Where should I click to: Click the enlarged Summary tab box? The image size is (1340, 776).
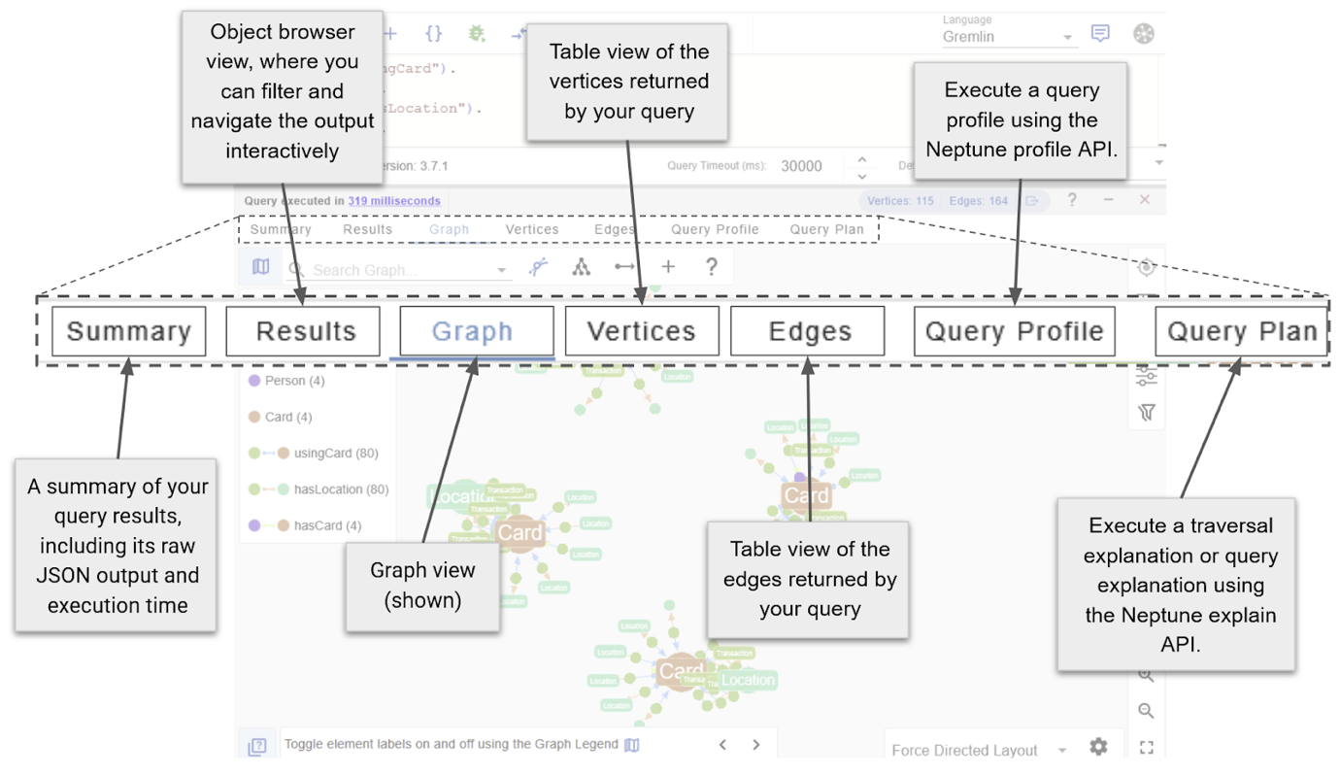tap(128, 331)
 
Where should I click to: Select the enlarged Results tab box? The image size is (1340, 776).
tap(303, 331)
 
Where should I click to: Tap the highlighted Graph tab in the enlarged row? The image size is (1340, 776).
tap(473, 331)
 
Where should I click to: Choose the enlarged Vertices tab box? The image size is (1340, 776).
tap(642, 331)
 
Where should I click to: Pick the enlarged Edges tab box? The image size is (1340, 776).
tap(808, 331)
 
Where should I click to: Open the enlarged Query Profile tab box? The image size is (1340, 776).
tap(1015, 331)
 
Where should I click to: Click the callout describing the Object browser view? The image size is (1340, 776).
tap(282, 91)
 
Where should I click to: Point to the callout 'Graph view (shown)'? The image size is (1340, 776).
tap(422, 586)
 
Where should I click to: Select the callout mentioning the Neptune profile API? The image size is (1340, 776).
tap(1021, 119)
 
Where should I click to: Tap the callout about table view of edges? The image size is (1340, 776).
tap(808, 579)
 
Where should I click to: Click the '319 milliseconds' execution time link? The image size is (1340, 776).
tap(393, 201)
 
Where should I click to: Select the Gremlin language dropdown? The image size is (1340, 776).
tap(1008, 37)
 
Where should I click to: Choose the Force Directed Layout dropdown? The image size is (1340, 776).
tap(977, 750)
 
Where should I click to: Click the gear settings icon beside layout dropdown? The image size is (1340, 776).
tap(1098, 747)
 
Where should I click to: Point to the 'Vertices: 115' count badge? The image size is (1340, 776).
tap(900, 201)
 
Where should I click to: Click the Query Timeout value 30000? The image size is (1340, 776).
tap(802, 166)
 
